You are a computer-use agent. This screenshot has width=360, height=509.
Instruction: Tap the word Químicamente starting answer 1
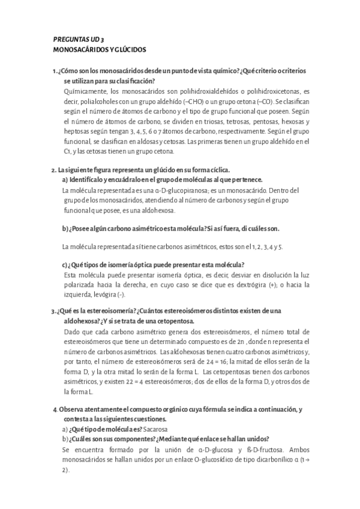point(85,91)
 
